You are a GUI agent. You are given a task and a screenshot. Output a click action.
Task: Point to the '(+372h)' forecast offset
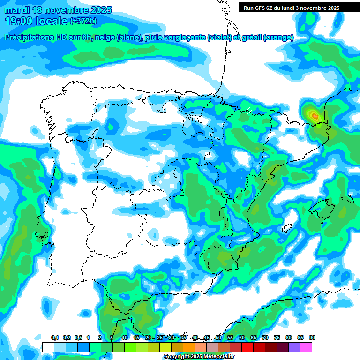83,21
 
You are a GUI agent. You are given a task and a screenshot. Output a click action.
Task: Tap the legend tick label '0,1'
55,338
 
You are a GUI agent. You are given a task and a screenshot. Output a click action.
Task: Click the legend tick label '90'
312,338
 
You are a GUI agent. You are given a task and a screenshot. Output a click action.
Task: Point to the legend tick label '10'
125,338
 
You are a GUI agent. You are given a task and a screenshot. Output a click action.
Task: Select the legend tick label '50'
218,338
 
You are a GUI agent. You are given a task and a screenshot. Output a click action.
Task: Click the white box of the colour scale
48,347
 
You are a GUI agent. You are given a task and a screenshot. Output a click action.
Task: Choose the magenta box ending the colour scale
306,347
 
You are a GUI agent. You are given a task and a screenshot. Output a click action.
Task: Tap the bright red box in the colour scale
247,347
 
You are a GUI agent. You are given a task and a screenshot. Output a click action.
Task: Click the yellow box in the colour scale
165,347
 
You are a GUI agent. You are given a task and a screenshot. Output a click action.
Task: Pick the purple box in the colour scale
294,347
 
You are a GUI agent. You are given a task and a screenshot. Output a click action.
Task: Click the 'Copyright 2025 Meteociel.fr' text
199,357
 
